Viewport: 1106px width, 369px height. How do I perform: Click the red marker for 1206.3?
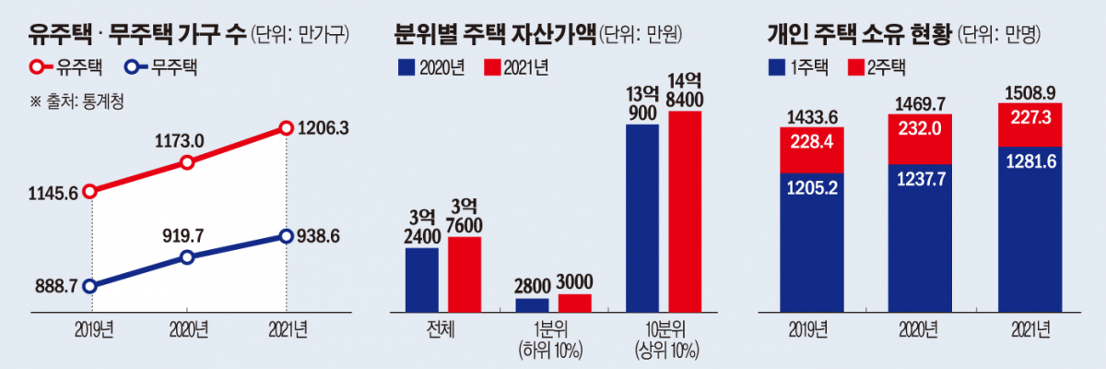click(286, 131)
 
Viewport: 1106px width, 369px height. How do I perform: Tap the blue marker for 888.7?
click(89, 286)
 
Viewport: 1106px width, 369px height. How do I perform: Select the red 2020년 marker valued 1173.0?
click(187, 162)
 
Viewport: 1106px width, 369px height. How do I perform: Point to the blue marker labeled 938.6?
click(286, 237)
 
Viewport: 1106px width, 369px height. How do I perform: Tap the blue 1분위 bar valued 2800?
click(532, 305)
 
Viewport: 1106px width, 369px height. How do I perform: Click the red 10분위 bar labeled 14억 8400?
click(685, 211)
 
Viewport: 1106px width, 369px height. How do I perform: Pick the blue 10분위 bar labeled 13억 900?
click(642, 218)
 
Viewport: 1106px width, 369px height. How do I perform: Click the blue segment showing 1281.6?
click(1030, 231)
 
